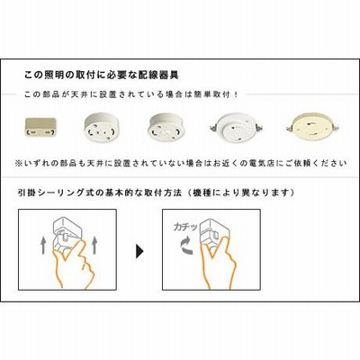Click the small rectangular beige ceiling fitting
pyautogui.click(x=40, y=128)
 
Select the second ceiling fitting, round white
pyautogui.click(x=102, y=128)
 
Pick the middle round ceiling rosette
pyautogui.click(x=166, y=127)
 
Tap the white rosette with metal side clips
pyautogui.click(x=237, y=128)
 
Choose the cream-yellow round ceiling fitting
pyautogui.click(x=312, y=127)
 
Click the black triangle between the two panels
pyautogui.click(x=139, y=251)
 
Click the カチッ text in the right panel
pyautogui.click(x=185, y=227)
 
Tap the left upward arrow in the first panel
pyautogui.click(x=44, y=245)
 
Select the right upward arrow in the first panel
pyautogui.click(x=94, y=245)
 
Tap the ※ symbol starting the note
pyautogui.click(x=19, y=164)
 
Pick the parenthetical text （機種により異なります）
pyautogui.click(x=240, y=193)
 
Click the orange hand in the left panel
pyautogui.click(x=74, y=263)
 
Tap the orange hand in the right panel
pyautogui.click(x=217, y=263)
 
